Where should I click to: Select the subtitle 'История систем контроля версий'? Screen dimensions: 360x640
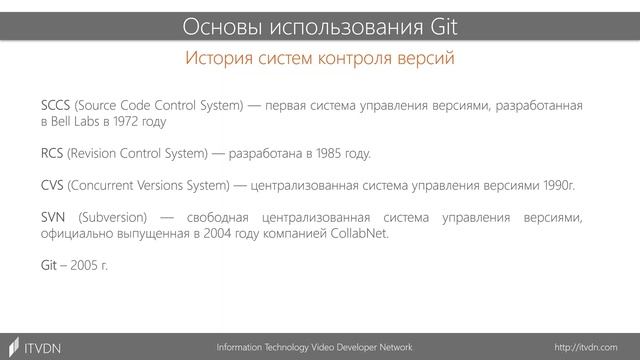(x=320, y=59)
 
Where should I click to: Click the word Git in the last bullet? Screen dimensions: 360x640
(x=50, y=267)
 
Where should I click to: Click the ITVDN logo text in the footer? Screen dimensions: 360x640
(x=42, y=346)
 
